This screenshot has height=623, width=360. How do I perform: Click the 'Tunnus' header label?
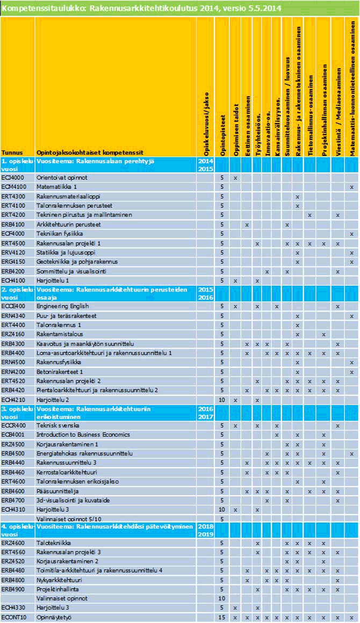[11, 153]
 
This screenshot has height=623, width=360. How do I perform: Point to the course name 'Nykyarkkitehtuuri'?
[59, 580]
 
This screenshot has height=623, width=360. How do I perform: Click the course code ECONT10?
[12, 618]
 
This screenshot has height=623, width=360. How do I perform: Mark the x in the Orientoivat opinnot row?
[235, 177]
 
